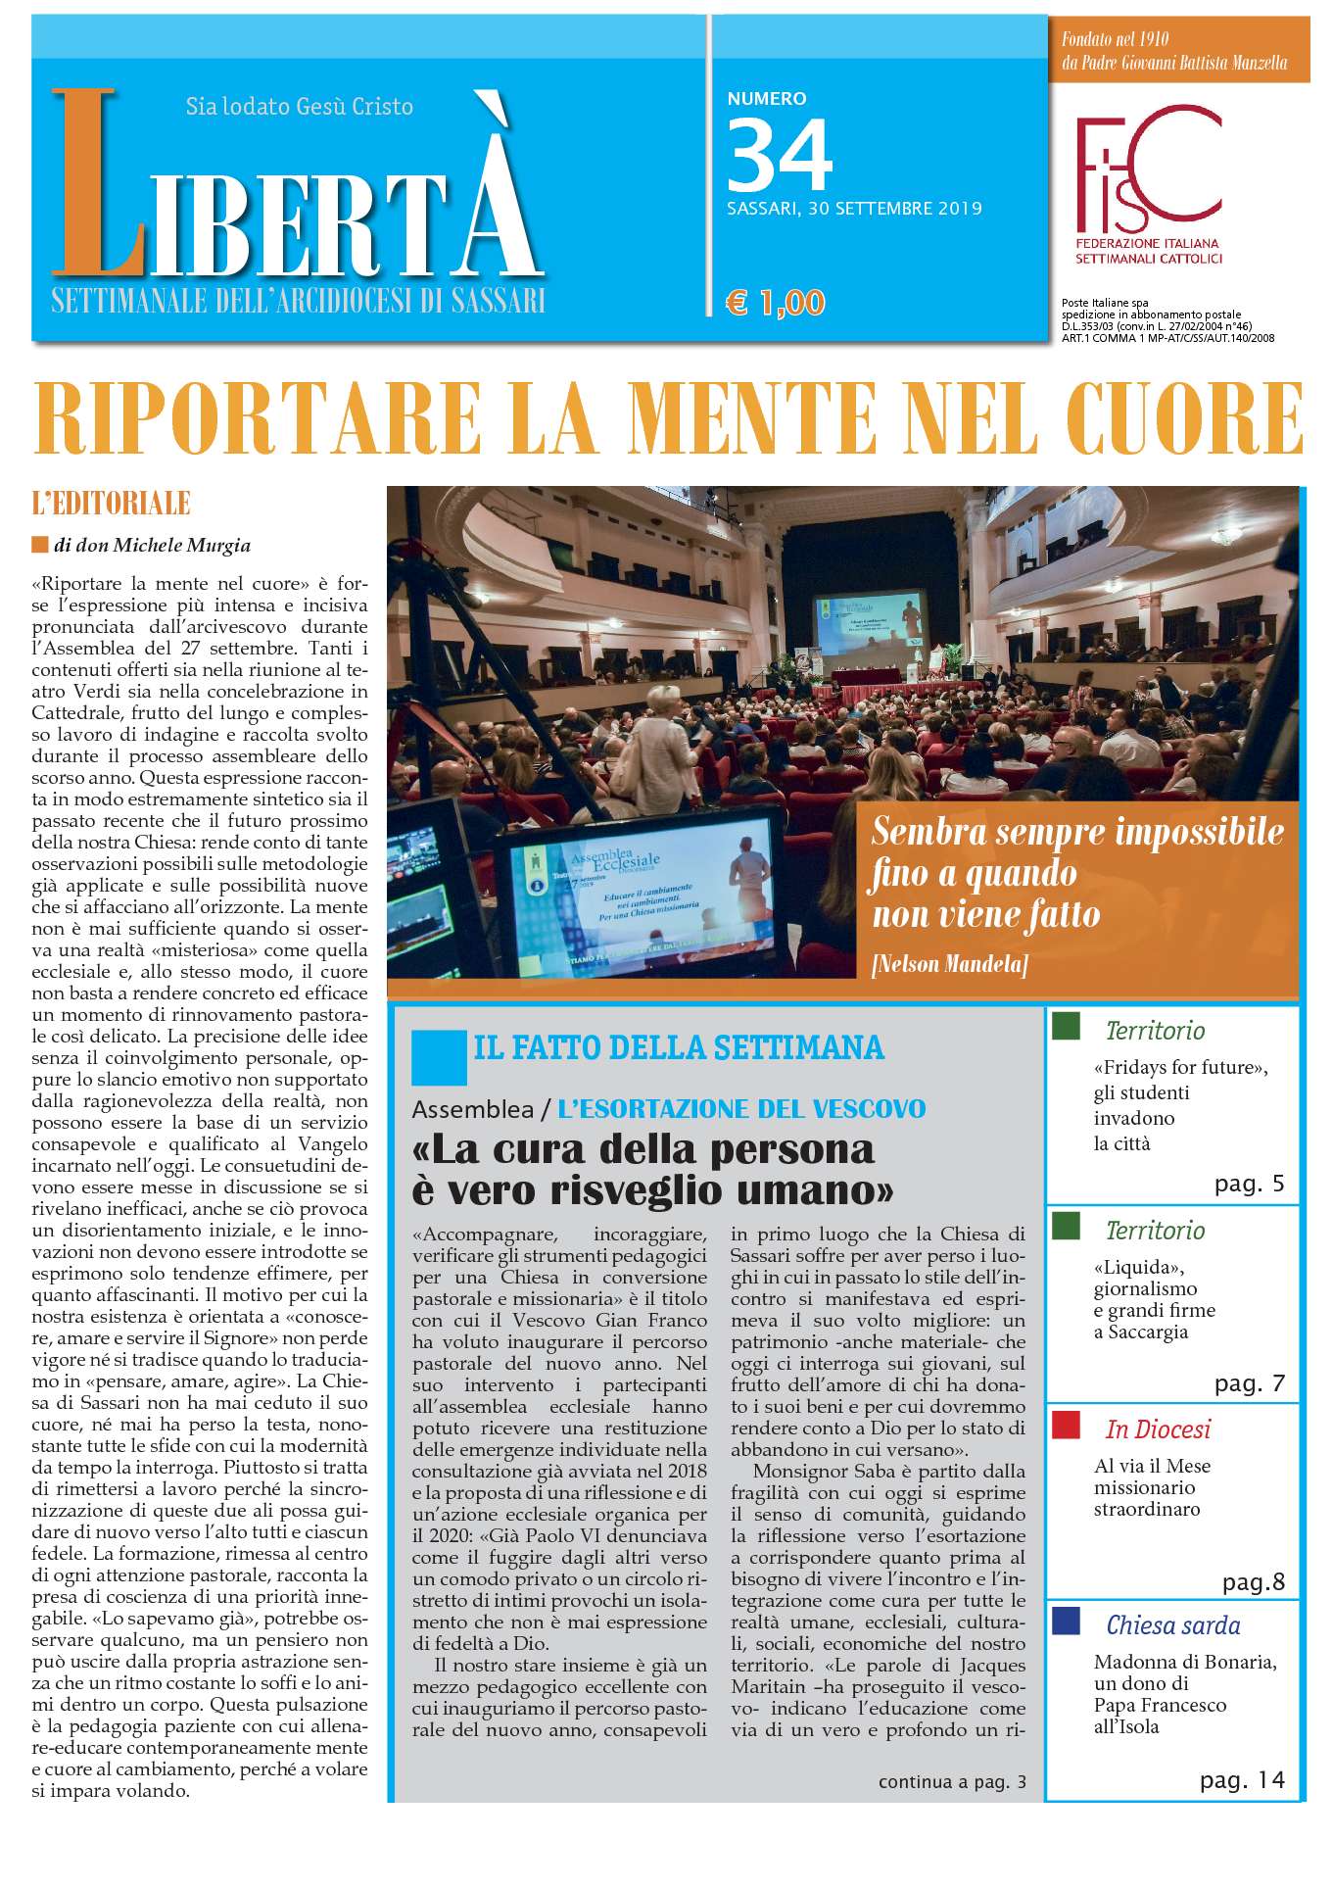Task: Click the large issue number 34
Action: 780,154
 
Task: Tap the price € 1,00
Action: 775,303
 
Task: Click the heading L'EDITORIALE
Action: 111,505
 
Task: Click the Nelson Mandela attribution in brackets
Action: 949,964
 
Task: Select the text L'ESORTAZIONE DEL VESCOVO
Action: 740,1109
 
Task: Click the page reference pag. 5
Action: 1249,1184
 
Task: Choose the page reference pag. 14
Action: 1242,1780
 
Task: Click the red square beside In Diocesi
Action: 1066,1425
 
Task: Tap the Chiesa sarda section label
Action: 1172,1625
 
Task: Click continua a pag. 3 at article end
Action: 952,1781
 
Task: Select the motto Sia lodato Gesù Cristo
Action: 299,106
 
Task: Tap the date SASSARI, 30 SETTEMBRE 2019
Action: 854,208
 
